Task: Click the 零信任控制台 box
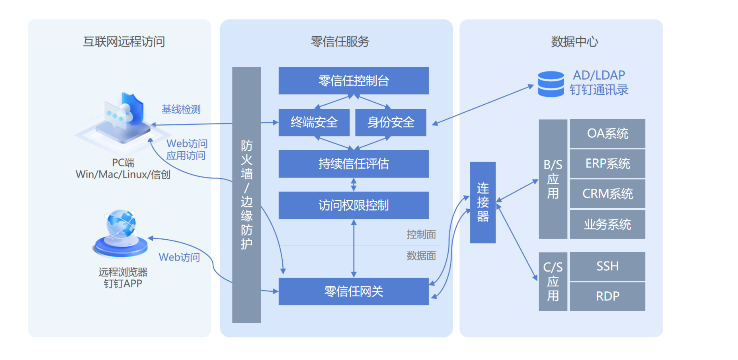point(353,81)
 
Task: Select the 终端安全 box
point(314,122)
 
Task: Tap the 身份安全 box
point(391,122)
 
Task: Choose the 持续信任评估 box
point(353,164)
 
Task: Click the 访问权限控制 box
point(353,205)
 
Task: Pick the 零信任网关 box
point(353,291)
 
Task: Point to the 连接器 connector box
point(483,202)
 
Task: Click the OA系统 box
point(607,133)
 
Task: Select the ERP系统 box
point(607,163)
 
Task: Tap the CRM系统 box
point(607,194)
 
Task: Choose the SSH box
point(607,266)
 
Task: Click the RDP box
point(607,296)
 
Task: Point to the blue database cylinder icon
point(551,84)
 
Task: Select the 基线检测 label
point(181,109)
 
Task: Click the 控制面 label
point(421,235)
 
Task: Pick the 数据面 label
point(421,256)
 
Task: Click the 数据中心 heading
point(574,42)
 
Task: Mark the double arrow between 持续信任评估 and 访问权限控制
point(354,185)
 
